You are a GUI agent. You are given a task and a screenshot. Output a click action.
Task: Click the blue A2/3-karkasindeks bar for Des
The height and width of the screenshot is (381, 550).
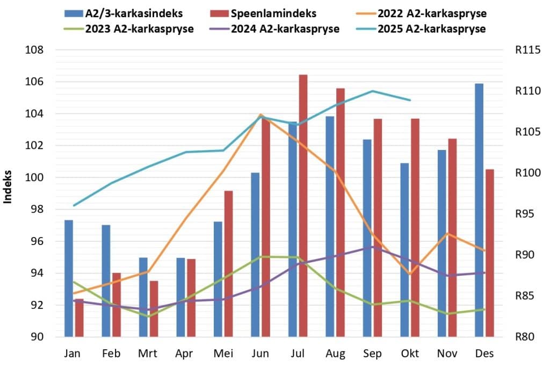click(x=479, y=210)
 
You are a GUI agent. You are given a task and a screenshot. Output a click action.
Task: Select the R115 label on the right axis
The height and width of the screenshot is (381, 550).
click(x=526, y=51)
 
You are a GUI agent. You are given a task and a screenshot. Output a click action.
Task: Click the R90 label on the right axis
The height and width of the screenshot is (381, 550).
click(x=524, y=255)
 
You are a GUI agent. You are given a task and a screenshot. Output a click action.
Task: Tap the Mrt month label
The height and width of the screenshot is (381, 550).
click(x=148, y=354)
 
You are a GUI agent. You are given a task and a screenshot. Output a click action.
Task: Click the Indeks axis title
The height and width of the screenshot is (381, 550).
click(x=8, y=188)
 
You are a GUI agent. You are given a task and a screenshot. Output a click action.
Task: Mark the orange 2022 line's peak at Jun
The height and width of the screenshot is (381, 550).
click(x=260, y=114)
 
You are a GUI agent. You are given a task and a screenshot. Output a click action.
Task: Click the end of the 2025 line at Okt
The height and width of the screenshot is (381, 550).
click(x=410, y=100)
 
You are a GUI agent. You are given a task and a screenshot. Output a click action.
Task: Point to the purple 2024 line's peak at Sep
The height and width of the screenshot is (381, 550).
click(x=373, y=247)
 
